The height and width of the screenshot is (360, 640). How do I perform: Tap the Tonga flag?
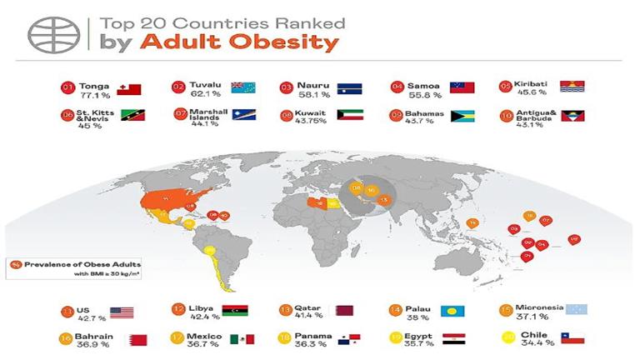pos(130,89)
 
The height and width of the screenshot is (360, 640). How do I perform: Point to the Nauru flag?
pos(350,88)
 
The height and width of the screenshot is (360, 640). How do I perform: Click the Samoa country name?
pos(425,85)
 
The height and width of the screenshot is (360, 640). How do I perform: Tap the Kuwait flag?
pos(350,115)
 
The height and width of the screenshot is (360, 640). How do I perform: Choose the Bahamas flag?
pos(463,115)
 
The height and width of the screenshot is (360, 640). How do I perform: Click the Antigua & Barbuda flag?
pos(572,115)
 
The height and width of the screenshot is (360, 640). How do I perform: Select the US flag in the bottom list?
pos(122,312)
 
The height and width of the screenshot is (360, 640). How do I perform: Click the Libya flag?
pos(236,312)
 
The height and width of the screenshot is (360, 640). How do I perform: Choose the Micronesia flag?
pos(575,309)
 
